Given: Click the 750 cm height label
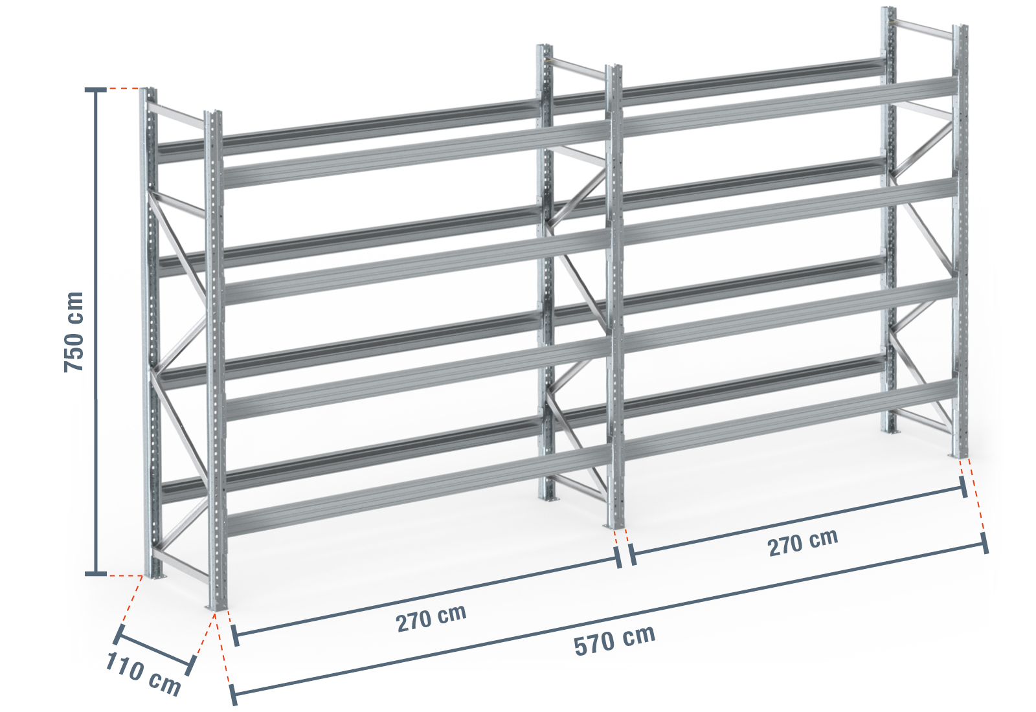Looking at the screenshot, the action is tap(74, 331).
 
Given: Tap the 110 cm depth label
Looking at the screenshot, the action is tap(143, 674).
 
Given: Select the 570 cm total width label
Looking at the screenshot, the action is tap(614, 640).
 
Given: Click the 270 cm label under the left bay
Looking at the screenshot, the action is tap(431, 618).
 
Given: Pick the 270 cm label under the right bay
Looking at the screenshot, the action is tap(803, 542).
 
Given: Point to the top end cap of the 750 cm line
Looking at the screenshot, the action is tap(96, 90).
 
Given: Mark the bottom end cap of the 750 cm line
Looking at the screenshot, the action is tap(96, 573).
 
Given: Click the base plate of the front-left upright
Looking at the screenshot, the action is tap(216, 608).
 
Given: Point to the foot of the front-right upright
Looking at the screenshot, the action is tap(959, 456).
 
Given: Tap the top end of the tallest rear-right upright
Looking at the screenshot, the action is tap(888, 8).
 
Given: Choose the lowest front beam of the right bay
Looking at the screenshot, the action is tap(789, 419).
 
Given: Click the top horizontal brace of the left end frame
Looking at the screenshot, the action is tap(176, 116).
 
